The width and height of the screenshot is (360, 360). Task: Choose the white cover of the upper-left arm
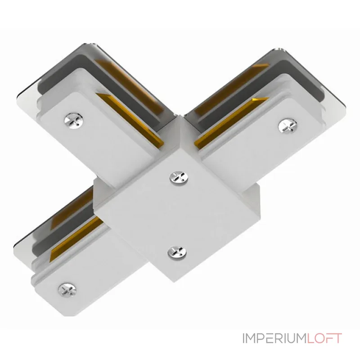click(x=99, y=135)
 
